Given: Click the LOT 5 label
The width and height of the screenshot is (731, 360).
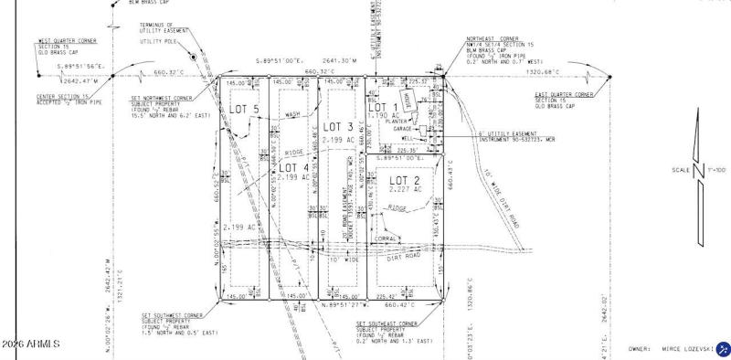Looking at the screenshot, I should [244, 110].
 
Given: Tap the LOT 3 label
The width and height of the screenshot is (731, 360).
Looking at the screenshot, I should [338, 126].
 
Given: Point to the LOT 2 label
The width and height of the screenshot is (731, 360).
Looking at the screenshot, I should [405, 181].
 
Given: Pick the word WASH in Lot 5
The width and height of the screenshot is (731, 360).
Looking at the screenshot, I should [292, 115].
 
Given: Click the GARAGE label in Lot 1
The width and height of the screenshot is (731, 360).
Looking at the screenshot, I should [403, 129].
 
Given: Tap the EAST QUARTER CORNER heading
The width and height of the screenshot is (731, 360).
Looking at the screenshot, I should [565, 94].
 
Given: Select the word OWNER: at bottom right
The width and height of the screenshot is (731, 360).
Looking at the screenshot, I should [641, 348].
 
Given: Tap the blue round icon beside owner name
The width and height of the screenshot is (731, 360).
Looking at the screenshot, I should [724, 348].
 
